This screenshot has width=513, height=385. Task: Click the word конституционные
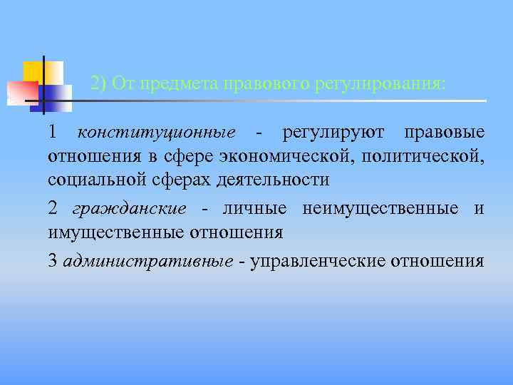pyautogui.click(x=156, y=133)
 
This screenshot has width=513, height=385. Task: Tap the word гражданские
pyautogui.click(x=129, y=208)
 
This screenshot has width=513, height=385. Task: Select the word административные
pyautogui.click(x=147, y=261)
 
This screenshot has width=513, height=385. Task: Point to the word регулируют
pyautogui.click(x=333, y=133)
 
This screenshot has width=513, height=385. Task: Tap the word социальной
pyautogui.click(x=97, y=179)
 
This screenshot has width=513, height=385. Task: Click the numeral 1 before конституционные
pyautogui.click(x=53, y=133)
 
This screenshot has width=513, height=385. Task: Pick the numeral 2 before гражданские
pyautogui.click(x=53, y=208)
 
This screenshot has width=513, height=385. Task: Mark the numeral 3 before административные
pyautogui.click(x=53, y=261)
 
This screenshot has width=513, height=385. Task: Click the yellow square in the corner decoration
pyautogui.click(x=36, y=71)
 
